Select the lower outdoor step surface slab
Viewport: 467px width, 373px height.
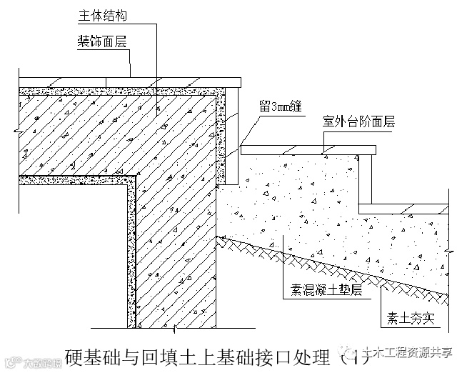point(403,207)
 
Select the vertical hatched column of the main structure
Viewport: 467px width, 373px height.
point(175,250)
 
